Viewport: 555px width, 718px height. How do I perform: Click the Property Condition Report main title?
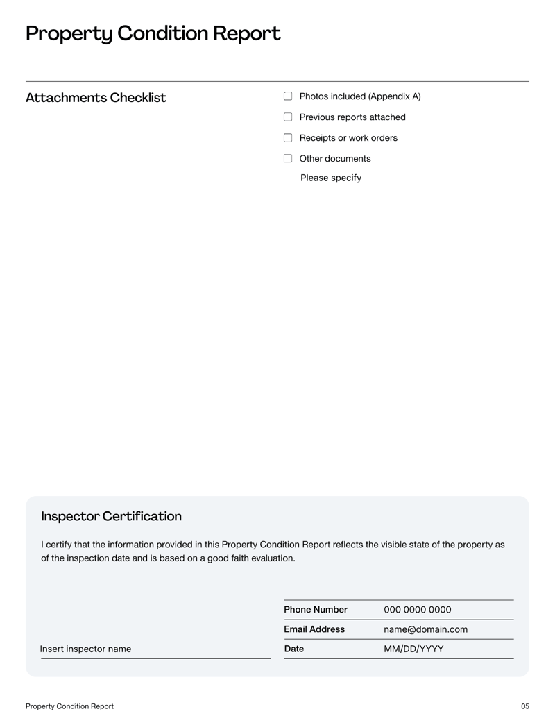pyautogui.click(x=153, y=33)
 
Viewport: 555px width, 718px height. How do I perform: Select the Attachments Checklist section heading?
pyautogui.click(x=96, y=98)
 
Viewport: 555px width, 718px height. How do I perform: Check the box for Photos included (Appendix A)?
pyautogui.click(x=288, y=96)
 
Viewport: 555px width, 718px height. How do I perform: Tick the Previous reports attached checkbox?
pyautogui.click(x=288, y=117)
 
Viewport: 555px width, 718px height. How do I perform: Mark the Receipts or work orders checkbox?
pyautogui.click(x=288, y=138)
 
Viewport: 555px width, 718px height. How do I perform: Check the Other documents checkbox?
pyautogui.click(x=288, y=159)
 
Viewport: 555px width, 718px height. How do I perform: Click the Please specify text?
pyautogui.click(x=330, y=178)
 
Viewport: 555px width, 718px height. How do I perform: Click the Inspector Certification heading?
pyautogui.click(x=111, y=517)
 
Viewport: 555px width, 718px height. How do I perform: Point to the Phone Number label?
pyautogui.click(x=316, y=610)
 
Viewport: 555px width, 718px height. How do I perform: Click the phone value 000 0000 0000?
pyautogui.click(x=417, y=610)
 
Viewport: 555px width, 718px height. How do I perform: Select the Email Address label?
pyautogui.click(x=314, y=629)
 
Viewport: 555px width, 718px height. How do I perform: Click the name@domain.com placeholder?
pyautogui.click(x=425, y=629)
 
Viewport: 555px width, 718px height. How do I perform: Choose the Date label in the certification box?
pyautogui.click(x=294, y=649)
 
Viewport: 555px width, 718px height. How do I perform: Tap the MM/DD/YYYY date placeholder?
pyautogui.click(x=413, y=649)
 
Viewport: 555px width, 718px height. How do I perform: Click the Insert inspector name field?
pyautogui.click(x=85, y=649)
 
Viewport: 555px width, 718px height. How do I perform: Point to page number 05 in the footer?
pyautogui.click(x=524, y=706)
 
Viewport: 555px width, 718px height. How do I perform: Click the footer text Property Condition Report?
pyautogui.click(x=69, y=706)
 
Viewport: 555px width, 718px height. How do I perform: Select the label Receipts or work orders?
pyautogui.click(x=348, y=138)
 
